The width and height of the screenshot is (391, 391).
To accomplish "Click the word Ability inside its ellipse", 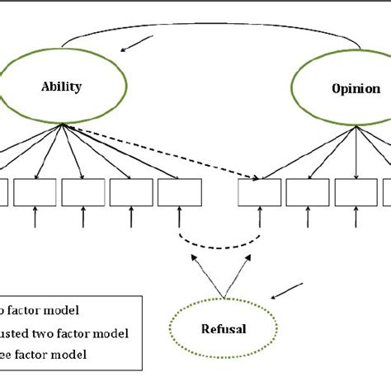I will [x=62, y=87].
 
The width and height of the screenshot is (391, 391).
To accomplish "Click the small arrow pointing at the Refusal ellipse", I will [x=286, y=289].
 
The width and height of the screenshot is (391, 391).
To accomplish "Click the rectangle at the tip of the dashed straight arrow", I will [x=259, y=191].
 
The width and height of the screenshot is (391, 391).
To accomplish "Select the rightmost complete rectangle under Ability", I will [x=180, y=191].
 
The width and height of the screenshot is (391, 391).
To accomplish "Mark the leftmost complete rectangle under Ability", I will [x=35, y=191].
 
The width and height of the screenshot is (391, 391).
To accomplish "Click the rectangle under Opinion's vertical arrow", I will [x=356, y=191].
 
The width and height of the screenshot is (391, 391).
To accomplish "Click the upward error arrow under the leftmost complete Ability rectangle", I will [x=35, y=219].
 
